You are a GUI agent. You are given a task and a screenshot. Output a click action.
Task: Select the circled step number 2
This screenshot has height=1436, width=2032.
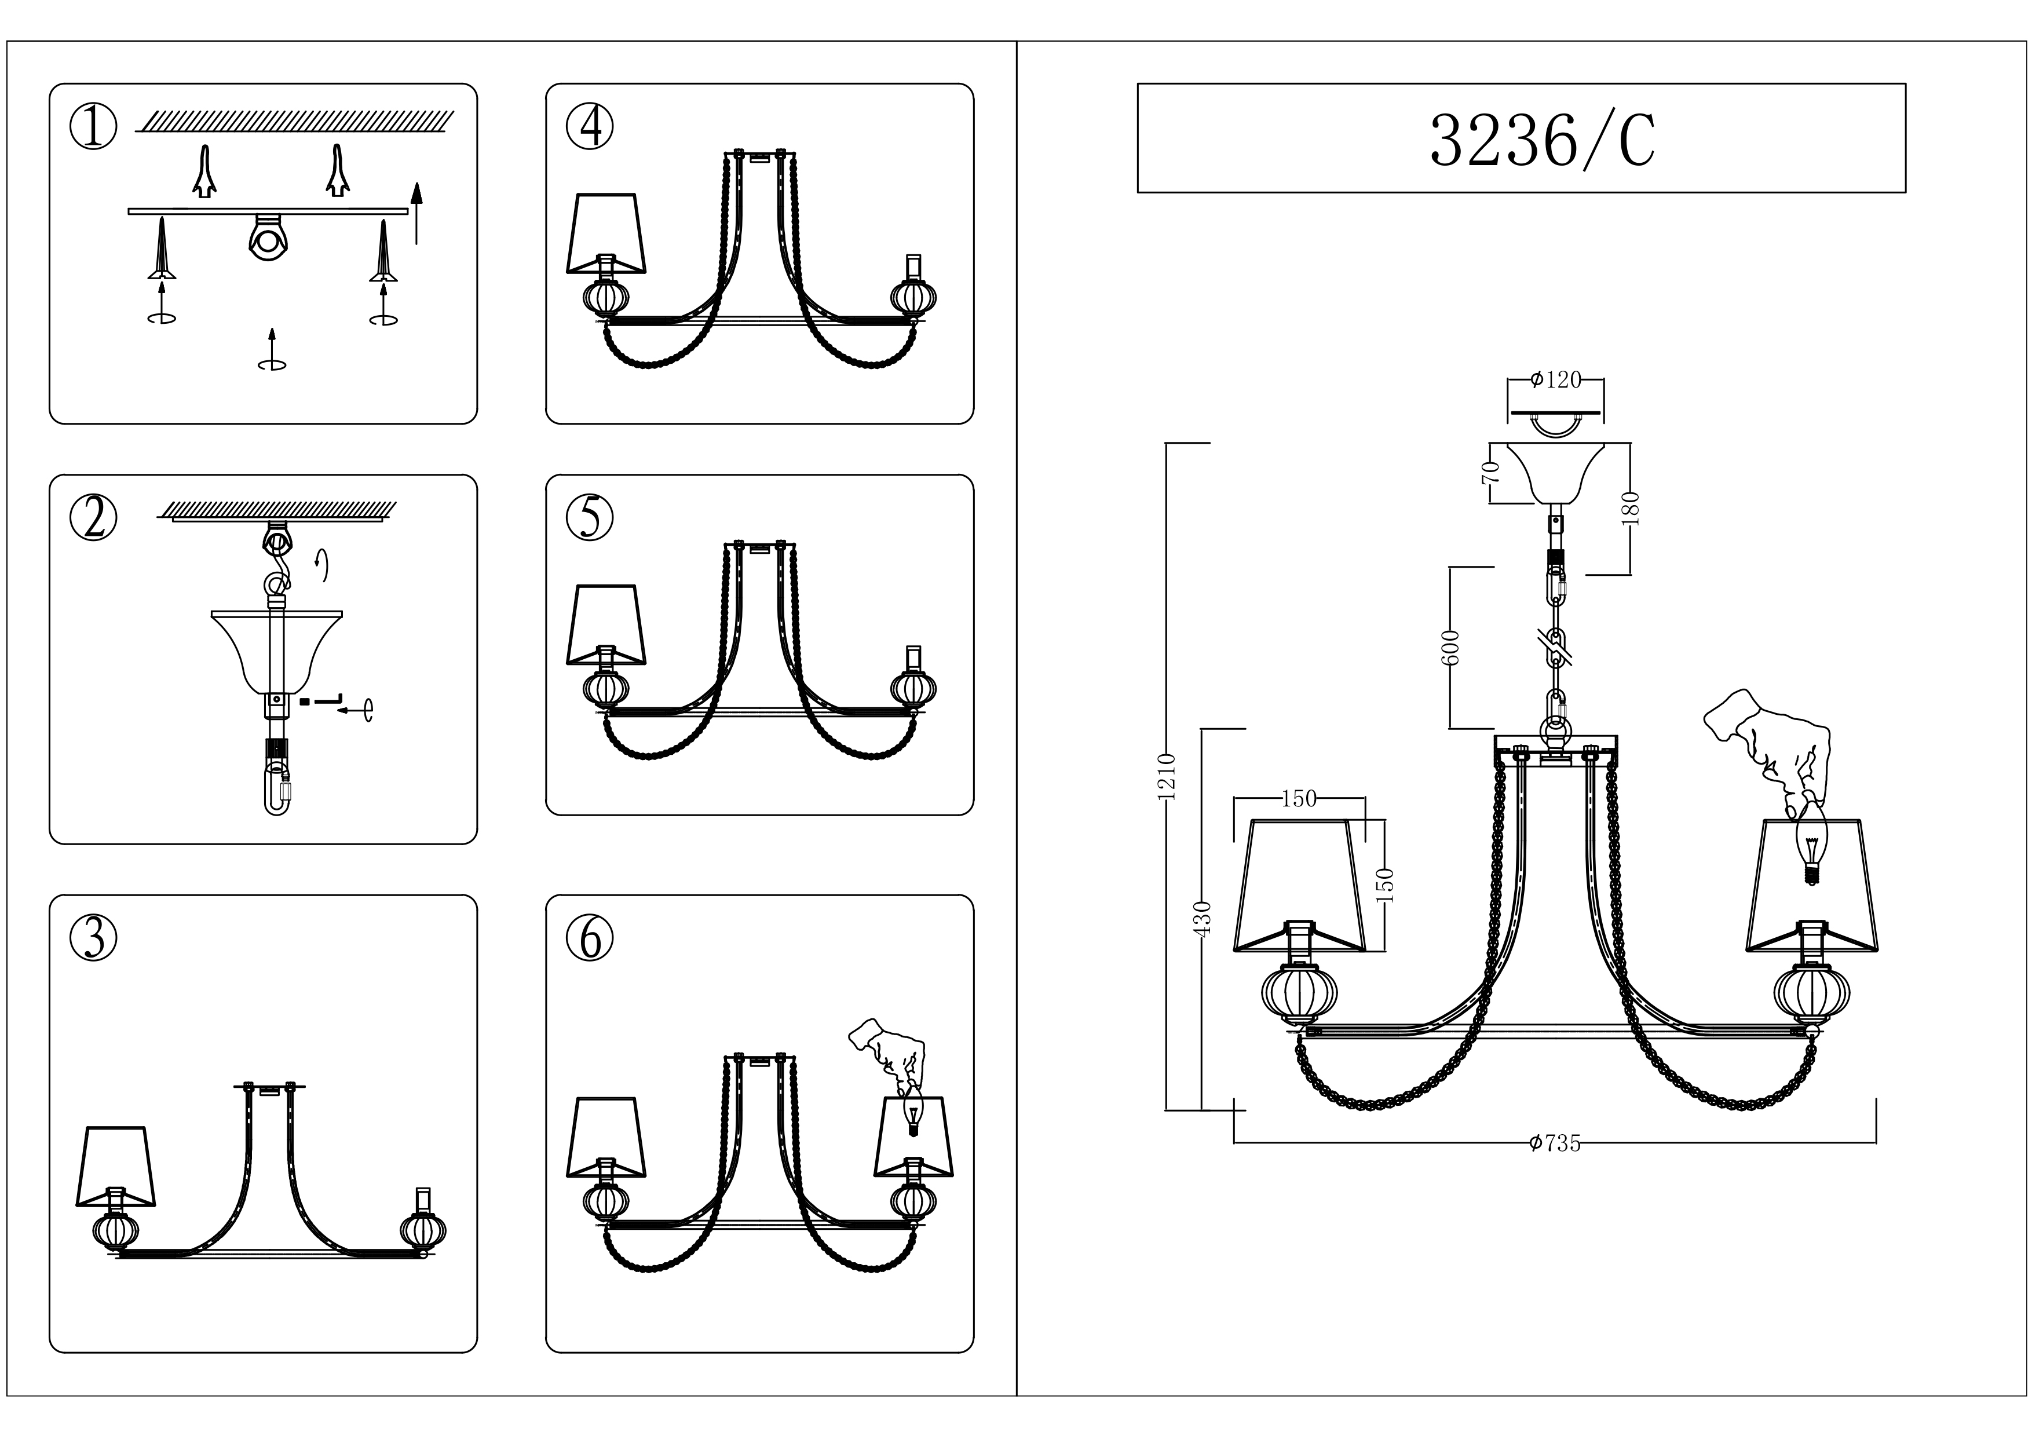[93, 518]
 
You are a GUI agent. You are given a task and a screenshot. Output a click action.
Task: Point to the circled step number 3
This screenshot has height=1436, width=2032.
[93, 938]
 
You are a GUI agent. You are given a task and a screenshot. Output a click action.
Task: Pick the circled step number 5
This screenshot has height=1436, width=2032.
[590, 518]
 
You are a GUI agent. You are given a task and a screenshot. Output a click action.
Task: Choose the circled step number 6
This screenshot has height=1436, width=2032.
[590, 938]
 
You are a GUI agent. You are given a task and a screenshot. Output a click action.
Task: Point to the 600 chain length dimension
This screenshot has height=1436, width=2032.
[1450, 648]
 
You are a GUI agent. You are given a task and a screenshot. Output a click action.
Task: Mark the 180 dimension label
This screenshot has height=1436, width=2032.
[1632, 509]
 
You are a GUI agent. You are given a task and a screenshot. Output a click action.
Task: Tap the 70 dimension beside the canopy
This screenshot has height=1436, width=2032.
[1491, 472]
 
